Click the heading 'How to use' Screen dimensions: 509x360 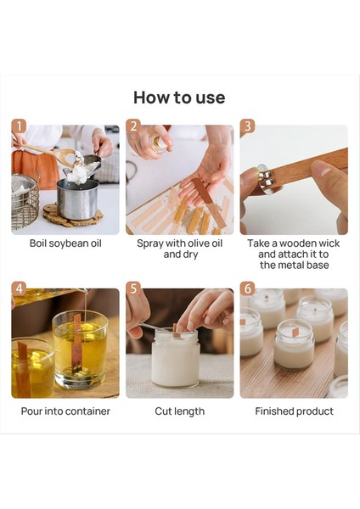pyautogui.click(x=179, y=97)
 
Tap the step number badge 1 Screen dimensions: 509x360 pyautogui.click(x=19, y=126)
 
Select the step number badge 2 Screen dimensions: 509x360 pyautogui.click(x=132, y=126)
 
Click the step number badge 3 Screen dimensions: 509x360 pyautogui.click(x=247, y=126)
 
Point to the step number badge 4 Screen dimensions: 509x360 pyautogui.click(x=19, y=288)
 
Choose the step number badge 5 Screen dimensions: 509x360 pyautogui.click(x=132, y=288)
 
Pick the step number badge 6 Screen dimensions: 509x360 pyautogui.click(x=247, y=288)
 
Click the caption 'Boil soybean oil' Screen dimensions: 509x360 pyautogui.click(x=65, y=243)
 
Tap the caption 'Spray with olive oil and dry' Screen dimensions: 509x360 pyautogui.click(x=179, y=249)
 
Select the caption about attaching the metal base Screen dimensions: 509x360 pyautogui.click(x=294, y=254)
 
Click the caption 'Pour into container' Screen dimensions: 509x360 pyautogui.click(x=65, y=411)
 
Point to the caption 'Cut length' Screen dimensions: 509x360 pyautogui.click(x=179, y=411)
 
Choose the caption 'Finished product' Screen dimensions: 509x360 pyautogui.click(x=294, y=411)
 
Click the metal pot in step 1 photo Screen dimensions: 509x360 pyautogui.click(x=78, y=197)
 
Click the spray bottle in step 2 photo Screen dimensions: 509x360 pyautogui.click(x=158, y=143)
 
